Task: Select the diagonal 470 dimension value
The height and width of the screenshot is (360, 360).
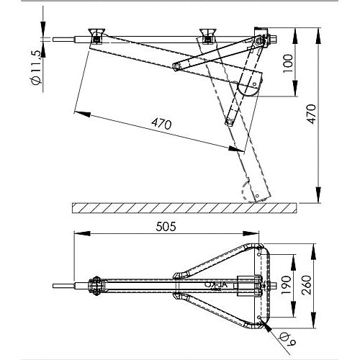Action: click(163, 124)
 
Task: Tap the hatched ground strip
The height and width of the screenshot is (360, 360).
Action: click(184, 208)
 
